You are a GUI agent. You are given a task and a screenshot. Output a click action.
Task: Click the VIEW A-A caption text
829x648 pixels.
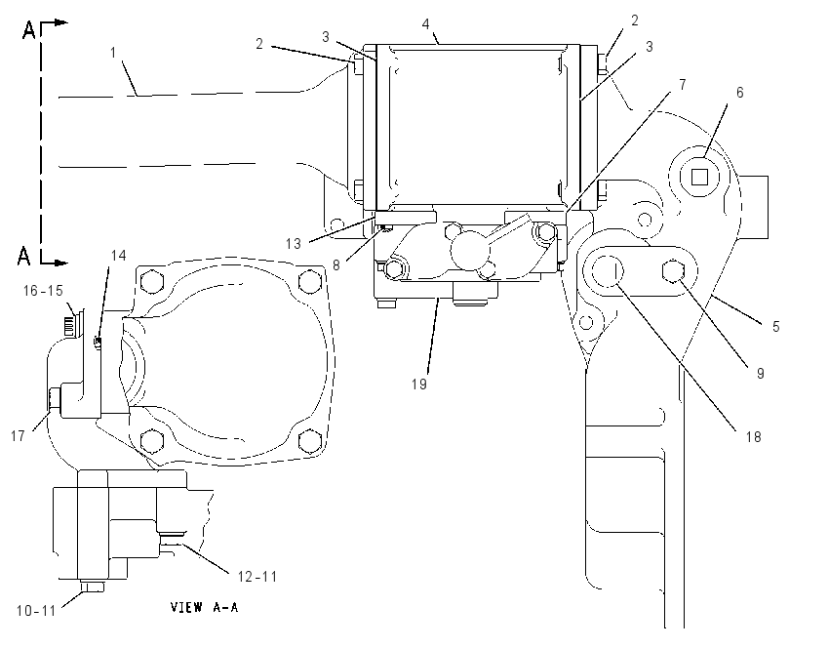(x=204, y=607)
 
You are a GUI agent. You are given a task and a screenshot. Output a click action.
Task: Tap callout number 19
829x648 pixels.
(x=419, y=385)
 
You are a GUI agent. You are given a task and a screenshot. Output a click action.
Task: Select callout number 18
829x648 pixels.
(x=753, y=436)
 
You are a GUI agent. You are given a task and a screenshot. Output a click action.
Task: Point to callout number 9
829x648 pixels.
(x=761, y=374)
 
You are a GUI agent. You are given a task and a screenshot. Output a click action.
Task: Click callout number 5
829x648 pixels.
(x=776, y=326)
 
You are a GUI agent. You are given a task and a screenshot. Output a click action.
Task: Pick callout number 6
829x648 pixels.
(x=739, y=93)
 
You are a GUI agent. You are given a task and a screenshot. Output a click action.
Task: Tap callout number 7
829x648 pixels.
(x=683, y=85)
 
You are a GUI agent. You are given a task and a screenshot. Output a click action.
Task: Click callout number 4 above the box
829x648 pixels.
(x=426, y=24)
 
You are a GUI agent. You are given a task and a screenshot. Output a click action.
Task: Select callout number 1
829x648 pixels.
(x=113, y=53)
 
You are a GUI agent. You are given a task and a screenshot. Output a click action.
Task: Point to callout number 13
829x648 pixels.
(x=294, y=243)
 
